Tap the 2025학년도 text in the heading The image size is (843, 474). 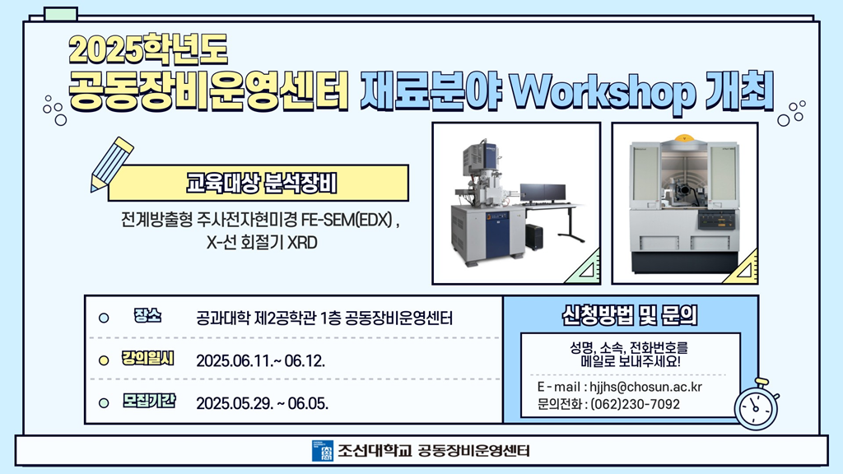click(148, 49)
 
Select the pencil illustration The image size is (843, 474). click(111, 165)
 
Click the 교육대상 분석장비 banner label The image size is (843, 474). click(261, 184)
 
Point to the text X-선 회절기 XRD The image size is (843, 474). click(262, 243)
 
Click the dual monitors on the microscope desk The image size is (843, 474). click(543, 193)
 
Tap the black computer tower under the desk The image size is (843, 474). click(533, 236)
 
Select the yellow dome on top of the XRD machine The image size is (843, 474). click(684, 137)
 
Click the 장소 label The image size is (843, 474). click(147, 316)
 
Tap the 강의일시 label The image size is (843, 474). click(147, 359)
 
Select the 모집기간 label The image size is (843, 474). click(148, 401)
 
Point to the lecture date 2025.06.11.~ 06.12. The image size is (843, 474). click(260, 360)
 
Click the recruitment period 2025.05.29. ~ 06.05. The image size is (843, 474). click(262, 403)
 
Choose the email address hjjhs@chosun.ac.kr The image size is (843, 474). click(645, 387)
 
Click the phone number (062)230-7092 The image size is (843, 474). click(635, 404)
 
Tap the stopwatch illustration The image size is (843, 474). click(757, 405)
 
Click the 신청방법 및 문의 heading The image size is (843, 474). click(630, 315)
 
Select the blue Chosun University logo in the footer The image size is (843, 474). click(323, 451)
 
